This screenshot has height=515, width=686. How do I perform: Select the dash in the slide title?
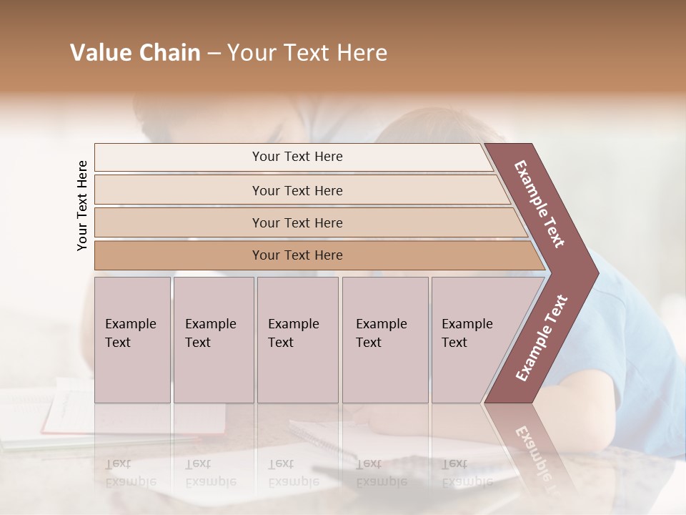coord(214,54)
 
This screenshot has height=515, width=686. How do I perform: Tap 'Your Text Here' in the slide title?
coord(307,53)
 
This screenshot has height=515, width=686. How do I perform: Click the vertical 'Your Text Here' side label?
coord(82,206)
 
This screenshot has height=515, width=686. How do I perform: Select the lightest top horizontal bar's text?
coord(297,157)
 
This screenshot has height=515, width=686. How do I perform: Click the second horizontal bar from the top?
coord(297,190)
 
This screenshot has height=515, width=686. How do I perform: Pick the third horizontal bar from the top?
coord(297,222)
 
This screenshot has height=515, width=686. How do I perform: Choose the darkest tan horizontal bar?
coord(297,255)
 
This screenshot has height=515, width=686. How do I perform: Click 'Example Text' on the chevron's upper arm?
coord(539,204)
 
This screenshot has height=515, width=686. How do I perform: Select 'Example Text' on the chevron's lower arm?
coord(541,338)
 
